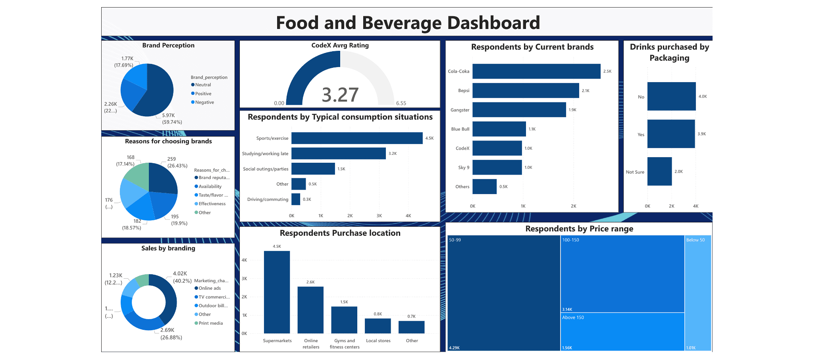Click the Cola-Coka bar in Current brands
536,71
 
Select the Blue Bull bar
499,129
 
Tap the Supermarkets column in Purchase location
277,292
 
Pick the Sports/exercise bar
356,138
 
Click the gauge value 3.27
340,95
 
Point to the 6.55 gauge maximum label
401,103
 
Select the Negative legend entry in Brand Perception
204,102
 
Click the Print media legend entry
210,323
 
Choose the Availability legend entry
210,187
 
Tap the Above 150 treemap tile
622,331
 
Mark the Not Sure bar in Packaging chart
659,171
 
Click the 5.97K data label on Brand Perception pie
168,116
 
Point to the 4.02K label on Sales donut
180,273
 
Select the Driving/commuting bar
296,199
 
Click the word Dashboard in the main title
493,23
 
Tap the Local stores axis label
378,341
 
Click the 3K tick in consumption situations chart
379,216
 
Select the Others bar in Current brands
484,187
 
